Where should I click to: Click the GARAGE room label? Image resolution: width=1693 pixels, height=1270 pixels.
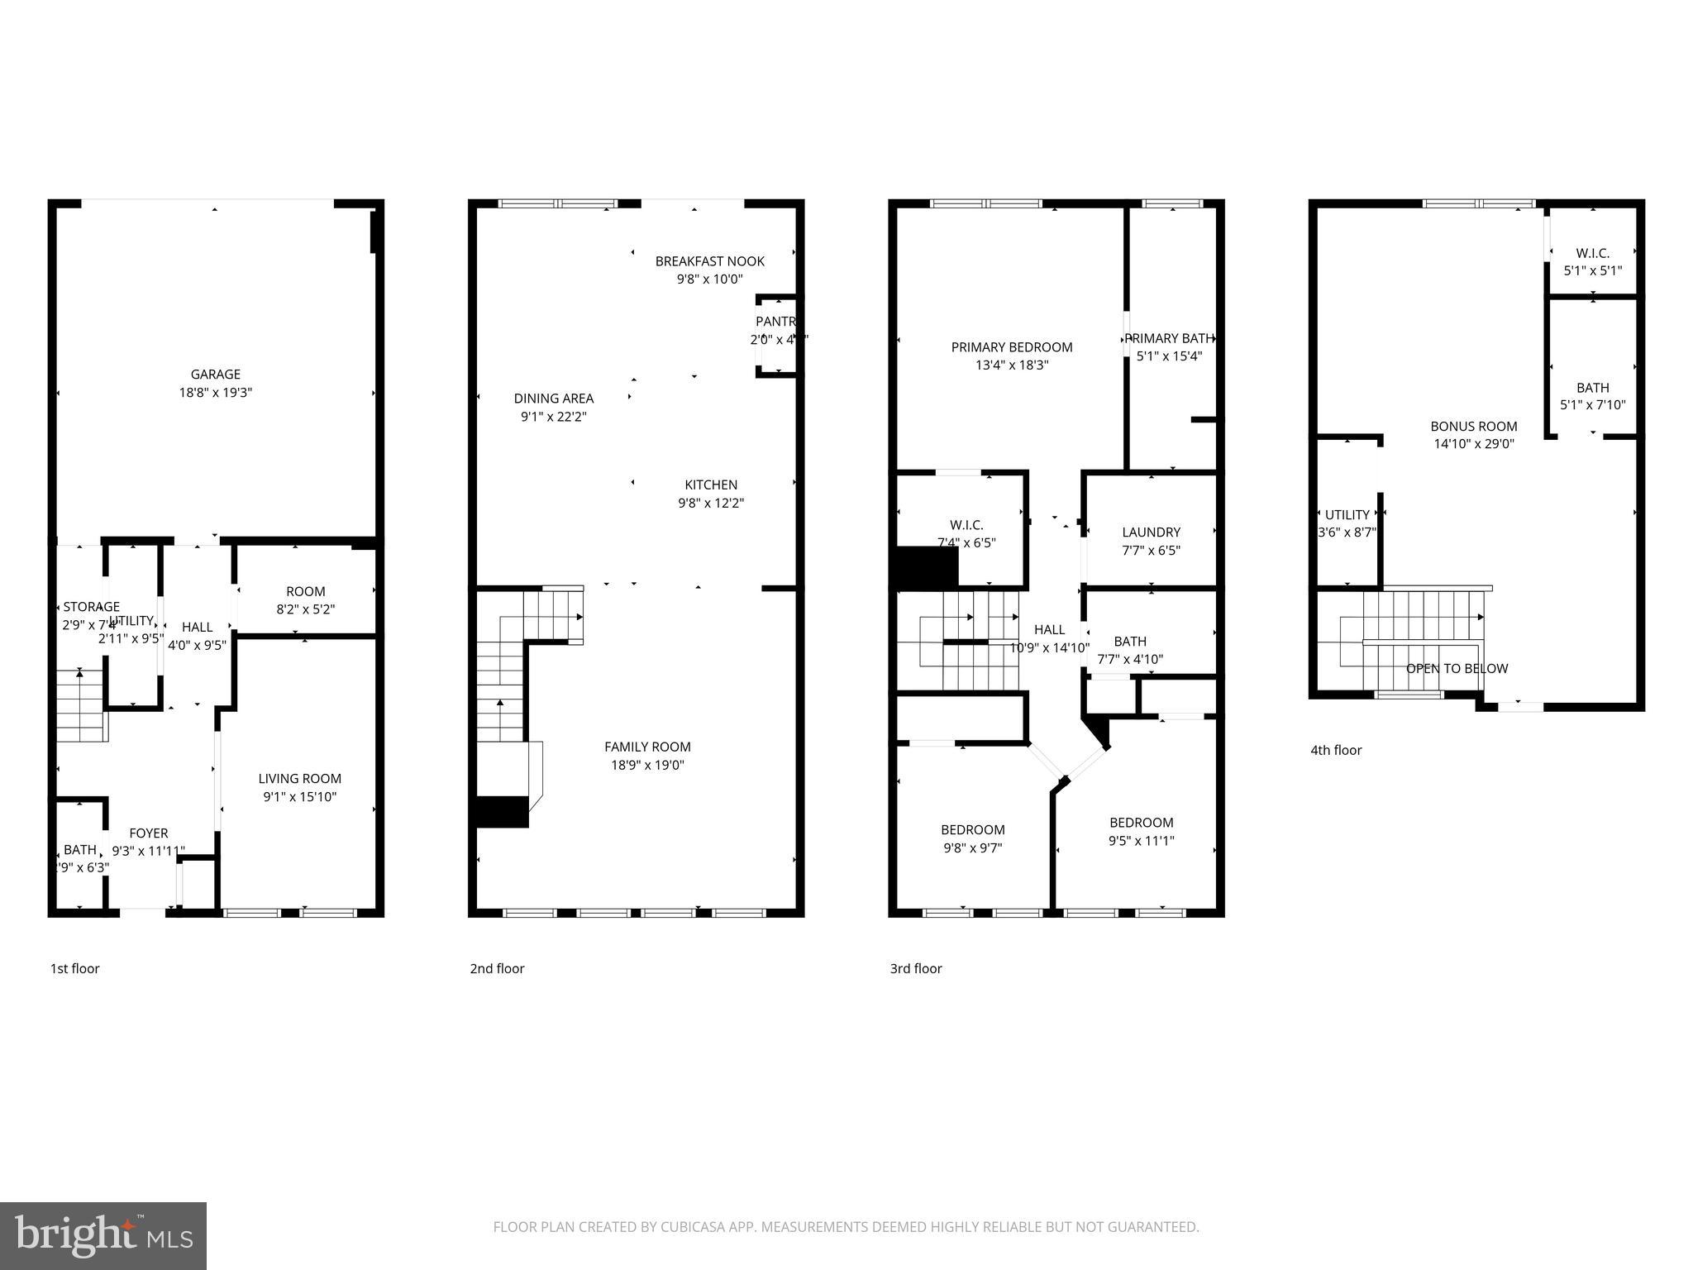click(215, 375)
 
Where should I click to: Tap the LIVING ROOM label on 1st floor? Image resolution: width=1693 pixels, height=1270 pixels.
click(299, 779)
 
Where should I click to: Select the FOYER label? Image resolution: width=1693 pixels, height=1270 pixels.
click(149, 833)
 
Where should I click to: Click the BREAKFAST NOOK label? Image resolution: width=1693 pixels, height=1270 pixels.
click(709, 261)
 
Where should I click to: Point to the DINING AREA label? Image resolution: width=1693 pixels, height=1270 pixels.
click(553, 399)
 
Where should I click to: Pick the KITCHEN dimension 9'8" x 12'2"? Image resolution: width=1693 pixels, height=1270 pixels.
click(711, 503)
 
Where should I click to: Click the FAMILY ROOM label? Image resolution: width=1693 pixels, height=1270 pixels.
click(647, 747)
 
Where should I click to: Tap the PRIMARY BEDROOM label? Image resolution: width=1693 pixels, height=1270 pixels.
click(1011, 347)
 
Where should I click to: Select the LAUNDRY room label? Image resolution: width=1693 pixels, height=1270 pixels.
click(1151, 532)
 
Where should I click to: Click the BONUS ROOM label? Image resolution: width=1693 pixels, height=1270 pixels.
click(1473, 427)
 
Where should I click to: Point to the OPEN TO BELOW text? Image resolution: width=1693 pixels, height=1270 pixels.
click(1457, 669)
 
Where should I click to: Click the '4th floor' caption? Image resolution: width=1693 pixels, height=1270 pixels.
click(1335, 751)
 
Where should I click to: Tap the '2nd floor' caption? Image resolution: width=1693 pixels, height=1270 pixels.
click(497, 969)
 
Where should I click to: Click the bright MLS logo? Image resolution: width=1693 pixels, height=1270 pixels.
click(103, 1235)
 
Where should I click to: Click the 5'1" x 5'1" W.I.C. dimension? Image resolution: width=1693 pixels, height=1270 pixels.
click(1592, 270)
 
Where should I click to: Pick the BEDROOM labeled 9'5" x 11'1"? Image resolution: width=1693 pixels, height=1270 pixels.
click(1141, 823)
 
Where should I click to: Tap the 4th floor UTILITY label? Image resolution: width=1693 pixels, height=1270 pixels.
click(1347, 515)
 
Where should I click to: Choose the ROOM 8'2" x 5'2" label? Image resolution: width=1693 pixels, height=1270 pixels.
click(305, 592)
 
